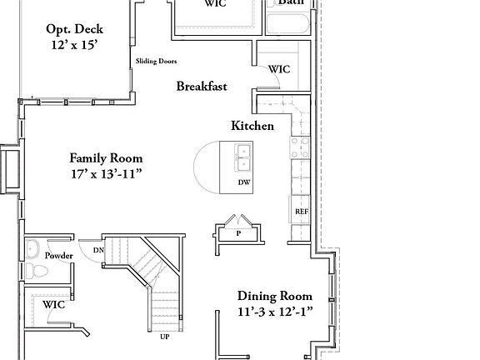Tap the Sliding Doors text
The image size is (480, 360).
coord(157,62)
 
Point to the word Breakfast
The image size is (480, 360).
coord(202,86)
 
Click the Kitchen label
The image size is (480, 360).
coord(252,126)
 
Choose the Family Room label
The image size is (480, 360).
coord(106,157)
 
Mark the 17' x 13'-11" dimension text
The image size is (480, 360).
coord(106,174)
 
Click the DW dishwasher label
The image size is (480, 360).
coord(244,182)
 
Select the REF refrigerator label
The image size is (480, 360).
coord(302,212)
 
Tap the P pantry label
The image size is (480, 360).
coord(238,234)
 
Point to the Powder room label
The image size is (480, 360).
coord(59,256)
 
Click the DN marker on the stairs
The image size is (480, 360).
coord(98,250)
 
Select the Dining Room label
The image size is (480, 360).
coord(275,296)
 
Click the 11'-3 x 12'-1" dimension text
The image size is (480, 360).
coord(275,312)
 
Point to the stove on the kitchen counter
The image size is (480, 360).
coord(298,148)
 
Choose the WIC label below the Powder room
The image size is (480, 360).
coord(53,305)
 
